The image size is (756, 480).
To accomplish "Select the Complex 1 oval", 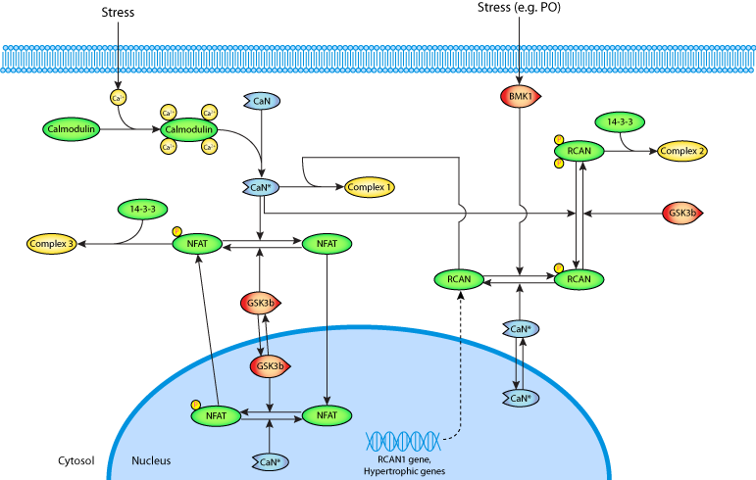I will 370,186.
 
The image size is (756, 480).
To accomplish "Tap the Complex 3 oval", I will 51,243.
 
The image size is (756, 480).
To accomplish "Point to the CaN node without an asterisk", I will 262,101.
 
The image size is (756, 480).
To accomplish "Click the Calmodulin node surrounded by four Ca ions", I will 187,129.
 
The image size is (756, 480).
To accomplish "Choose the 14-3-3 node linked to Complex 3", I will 143,210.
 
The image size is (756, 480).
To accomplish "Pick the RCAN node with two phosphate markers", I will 579,151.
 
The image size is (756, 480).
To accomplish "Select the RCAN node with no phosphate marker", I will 459,279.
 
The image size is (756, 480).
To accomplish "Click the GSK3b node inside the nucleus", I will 269,366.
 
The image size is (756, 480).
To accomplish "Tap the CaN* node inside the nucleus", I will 269,460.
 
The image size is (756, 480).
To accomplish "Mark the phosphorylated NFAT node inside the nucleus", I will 215,416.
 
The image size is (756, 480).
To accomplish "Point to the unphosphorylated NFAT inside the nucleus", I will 327,416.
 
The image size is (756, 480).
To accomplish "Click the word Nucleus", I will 151,459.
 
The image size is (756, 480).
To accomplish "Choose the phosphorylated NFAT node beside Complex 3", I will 197,243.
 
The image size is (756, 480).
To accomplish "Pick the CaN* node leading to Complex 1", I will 261,186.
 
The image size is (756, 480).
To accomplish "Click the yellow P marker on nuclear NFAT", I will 195,404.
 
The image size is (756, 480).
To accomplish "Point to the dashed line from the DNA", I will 459,392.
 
